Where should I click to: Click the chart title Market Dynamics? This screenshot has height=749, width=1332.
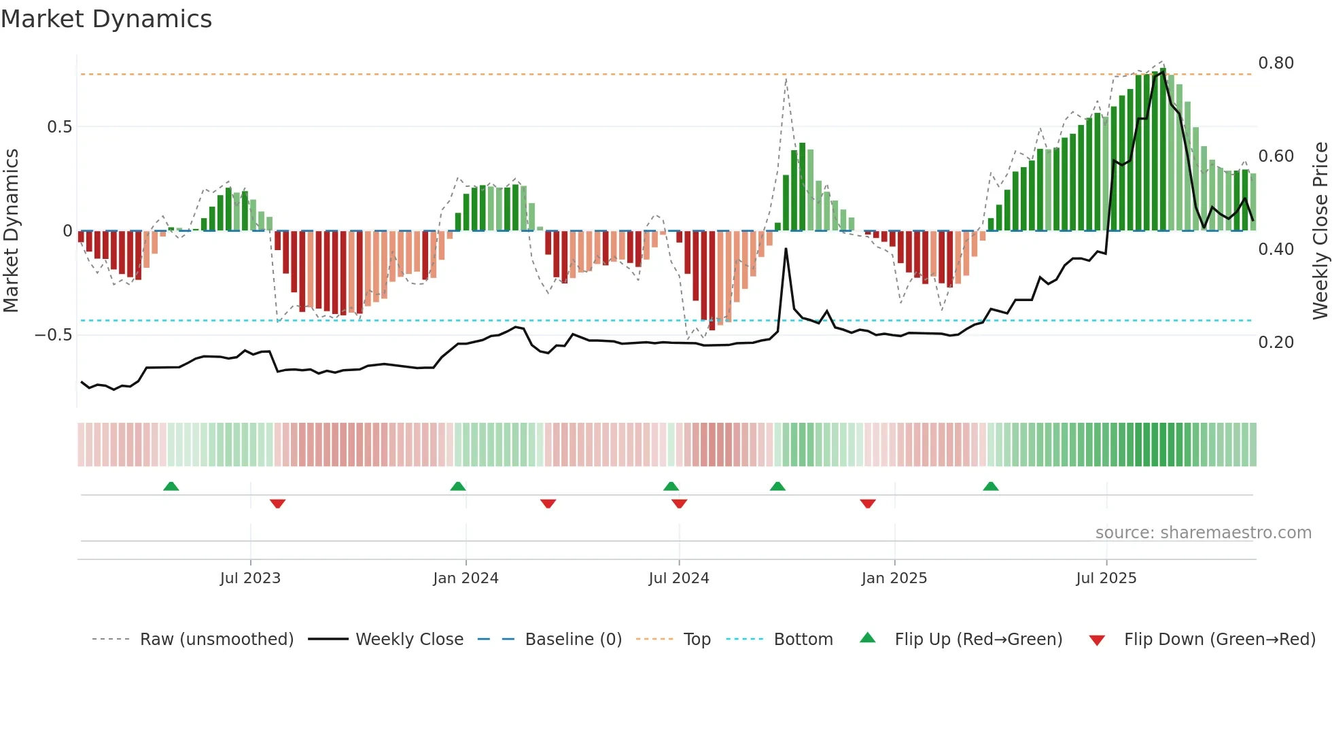(x=106, y=19)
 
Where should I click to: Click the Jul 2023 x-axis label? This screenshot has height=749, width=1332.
(x=250, y=578)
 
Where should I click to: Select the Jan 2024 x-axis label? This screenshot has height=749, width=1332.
(x=466, y=578)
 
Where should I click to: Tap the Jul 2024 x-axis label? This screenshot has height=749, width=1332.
(x=678, y=578)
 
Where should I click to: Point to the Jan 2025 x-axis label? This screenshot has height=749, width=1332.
(x=894, y=578)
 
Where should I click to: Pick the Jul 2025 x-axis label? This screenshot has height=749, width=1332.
(x=1106, y=578)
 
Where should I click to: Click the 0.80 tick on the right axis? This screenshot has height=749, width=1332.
(x=1276, y=63)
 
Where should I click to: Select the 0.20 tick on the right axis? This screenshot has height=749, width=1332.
(x=1276, y=343)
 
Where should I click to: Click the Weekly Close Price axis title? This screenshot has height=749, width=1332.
(x=1320, y=230)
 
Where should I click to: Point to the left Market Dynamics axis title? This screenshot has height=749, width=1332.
(x=11, y=230)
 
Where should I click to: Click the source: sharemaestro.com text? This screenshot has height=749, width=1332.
(x=1203, y=533)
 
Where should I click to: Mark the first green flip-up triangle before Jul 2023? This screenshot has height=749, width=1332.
(x=171, y=487)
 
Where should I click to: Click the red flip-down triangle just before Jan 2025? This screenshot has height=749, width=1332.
(x=867, y=504)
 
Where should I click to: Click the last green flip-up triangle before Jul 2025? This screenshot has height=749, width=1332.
(x=991, y=487)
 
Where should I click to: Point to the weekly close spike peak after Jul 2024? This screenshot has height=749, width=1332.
(x=786, y=249)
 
